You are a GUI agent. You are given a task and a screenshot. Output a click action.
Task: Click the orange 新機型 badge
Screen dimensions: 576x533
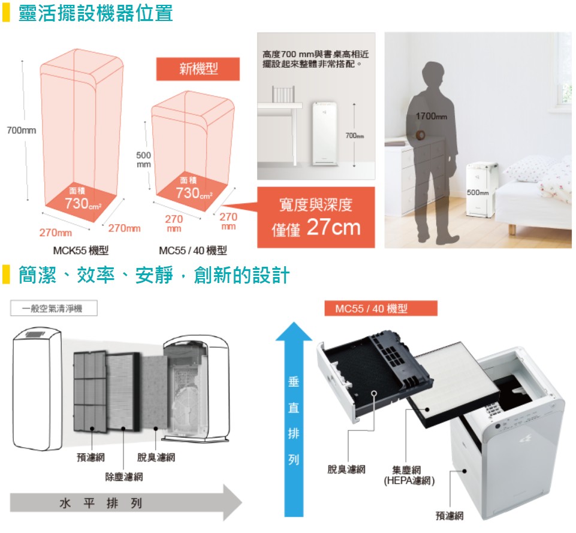click(198, 69)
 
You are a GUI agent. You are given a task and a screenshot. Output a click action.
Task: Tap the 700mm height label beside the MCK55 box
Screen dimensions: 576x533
click(22, 131)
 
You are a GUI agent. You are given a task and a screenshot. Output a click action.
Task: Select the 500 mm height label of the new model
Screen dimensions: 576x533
click(144, 159)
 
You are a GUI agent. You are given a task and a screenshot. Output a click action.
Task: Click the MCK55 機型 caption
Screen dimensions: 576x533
click(81, 251)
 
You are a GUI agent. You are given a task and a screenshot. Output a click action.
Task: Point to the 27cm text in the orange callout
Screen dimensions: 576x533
click(333, 227)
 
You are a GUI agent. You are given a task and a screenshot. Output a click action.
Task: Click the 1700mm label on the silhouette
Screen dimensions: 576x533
click(432, 116)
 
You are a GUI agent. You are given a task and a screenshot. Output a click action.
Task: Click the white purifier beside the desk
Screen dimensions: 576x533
click(324, 134)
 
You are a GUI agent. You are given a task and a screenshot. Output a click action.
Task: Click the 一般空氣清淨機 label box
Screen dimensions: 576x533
click(53, 308)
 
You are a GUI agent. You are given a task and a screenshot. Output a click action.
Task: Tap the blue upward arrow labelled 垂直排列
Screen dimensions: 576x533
click(294, 419)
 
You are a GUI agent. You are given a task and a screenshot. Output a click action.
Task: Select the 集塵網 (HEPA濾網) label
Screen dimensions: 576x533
click(409, 475)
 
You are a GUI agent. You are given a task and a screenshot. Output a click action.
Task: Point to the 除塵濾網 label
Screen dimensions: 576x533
click(124, 477)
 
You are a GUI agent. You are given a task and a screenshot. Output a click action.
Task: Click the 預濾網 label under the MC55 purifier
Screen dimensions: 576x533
click(450, 516)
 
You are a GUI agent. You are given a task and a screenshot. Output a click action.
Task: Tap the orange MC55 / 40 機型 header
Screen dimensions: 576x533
click(381, 308)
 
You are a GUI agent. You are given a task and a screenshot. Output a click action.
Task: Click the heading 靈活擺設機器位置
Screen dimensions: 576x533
click(95, 13)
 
